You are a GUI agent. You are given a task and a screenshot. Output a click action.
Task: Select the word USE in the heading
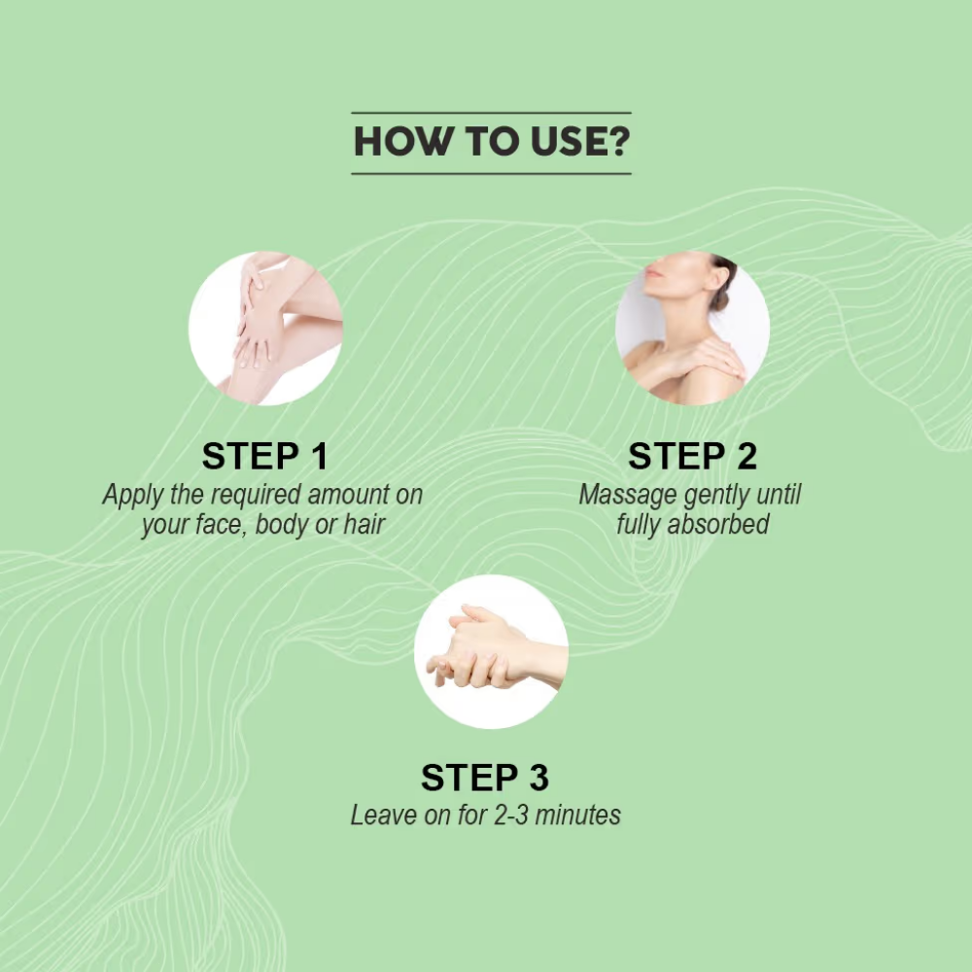(569, 141)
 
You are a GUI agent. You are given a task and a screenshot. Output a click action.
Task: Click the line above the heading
(491, 113)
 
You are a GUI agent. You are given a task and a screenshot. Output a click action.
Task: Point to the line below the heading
(491, 174)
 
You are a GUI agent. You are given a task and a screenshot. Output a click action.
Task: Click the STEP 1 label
(264, 456)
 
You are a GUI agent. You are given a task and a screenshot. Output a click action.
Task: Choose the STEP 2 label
(692, 456)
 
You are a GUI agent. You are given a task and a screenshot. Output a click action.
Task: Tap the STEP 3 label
(485, 778)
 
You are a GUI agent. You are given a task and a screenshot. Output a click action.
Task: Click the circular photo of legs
(266, 328)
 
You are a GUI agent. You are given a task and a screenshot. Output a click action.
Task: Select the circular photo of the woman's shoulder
(692, 328)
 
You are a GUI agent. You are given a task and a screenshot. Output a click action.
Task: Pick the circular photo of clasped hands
(491, 651)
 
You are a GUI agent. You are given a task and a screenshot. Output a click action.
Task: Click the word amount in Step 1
(347, 495)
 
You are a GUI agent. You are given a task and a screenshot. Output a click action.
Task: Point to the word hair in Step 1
(364, 525)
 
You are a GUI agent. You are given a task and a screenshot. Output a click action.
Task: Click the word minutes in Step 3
(577, 816)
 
